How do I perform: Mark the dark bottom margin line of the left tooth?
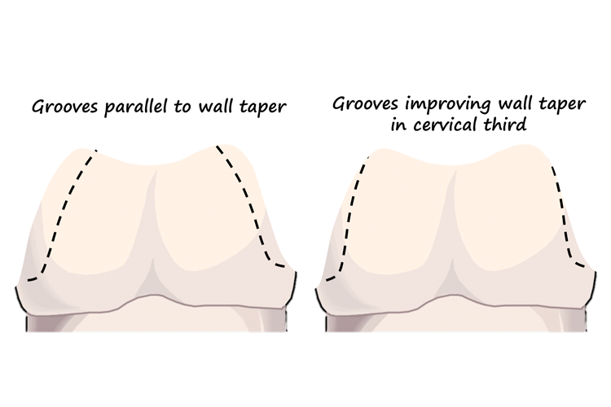coord(155,302)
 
